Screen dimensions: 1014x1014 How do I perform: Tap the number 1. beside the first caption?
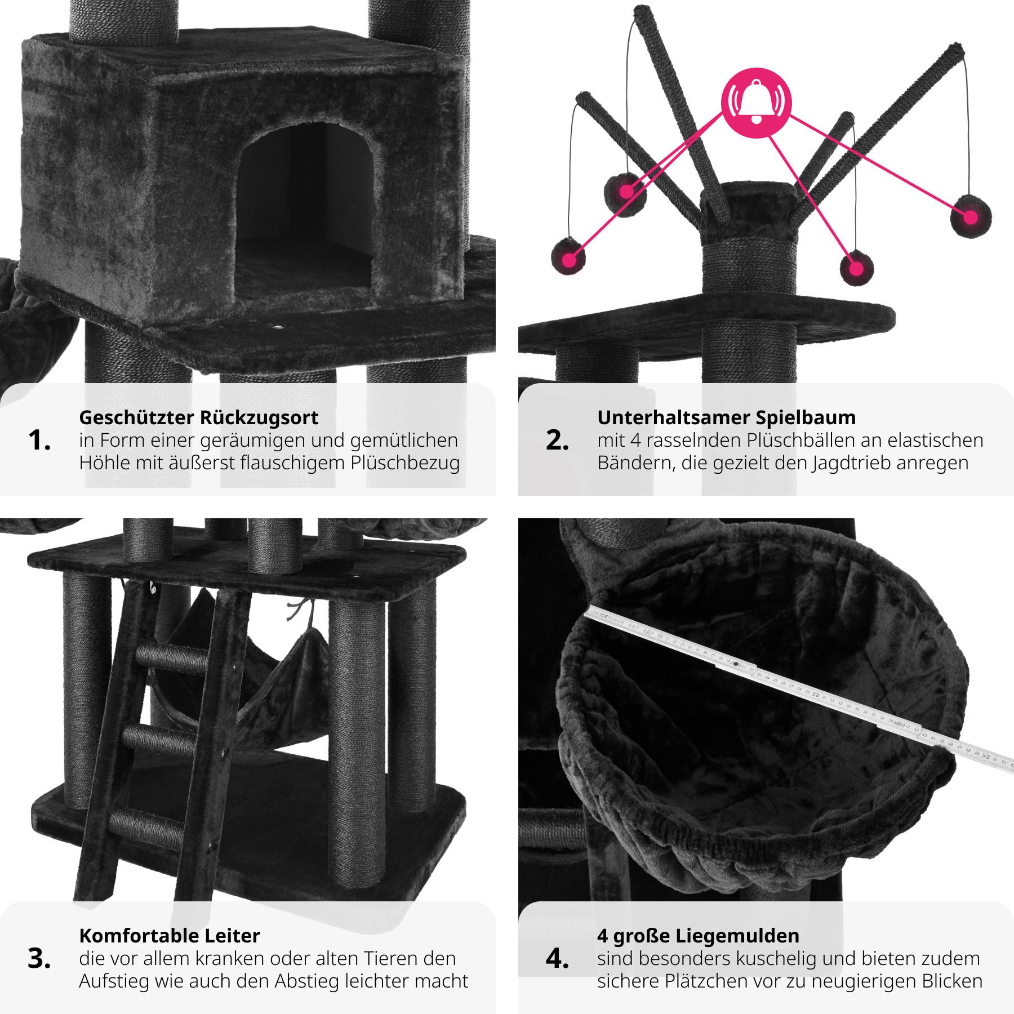coord(39,441)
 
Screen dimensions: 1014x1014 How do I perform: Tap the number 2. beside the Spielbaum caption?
coord(557,441)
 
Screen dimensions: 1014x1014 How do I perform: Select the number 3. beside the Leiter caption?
coord(39,959)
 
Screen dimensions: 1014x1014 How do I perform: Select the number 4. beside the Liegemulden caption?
coord(557,959)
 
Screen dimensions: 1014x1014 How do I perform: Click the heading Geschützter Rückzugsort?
coord(199,417)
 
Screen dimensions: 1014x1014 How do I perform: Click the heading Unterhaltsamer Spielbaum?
coord(726,417)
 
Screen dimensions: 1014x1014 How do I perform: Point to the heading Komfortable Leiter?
coord(170,936)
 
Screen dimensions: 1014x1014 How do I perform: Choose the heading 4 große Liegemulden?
coord(698,936)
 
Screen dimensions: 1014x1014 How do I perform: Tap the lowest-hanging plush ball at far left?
coord(569,259)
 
